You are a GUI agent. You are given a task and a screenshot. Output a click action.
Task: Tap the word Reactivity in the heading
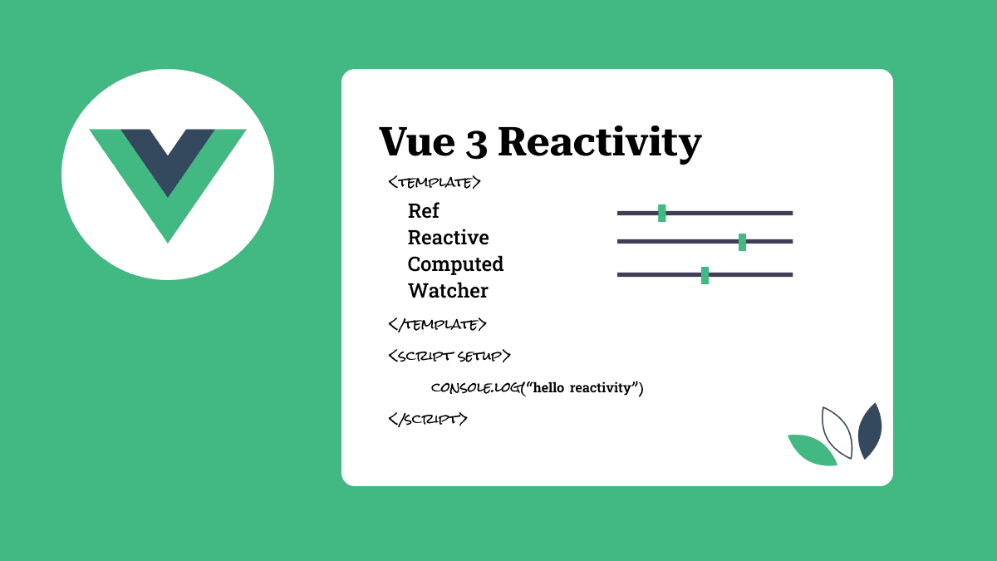599,143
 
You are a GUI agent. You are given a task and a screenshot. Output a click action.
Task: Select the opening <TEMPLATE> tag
434,182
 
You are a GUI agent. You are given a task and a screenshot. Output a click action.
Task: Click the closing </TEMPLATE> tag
437,324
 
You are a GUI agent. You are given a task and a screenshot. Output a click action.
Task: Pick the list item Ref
424,211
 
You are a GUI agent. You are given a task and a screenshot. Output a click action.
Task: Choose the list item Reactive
448,238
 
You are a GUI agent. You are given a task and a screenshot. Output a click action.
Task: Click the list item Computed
455,264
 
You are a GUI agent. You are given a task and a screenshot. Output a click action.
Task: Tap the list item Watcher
448,291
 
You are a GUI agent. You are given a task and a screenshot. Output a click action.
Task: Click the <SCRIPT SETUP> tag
449,356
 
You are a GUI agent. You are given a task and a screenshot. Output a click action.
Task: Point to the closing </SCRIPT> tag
428,419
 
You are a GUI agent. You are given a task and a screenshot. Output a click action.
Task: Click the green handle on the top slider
662,213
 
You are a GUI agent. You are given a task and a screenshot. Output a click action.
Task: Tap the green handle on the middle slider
742,242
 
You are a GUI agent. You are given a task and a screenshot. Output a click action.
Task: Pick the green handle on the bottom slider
705,275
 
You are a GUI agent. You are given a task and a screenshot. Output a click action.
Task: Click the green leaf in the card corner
811,450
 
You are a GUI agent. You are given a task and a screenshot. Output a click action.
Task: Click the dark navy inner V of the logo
168,158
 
